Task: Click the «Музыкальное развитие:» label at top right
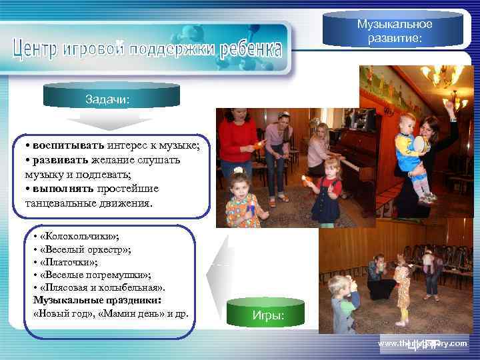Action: [395, 31]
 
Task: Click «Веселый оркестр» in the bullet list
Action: [85, 249]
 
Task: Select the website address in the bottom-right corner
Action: [423, 343]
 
